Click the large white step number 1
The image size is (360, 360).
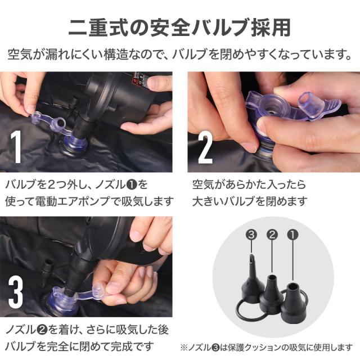(16, 147)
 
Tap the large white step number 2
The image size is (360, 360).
(205, 148)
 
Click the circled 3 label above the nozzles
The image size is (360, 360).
(251, 235)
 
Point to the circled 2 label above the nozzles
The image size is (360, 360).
(272, 235)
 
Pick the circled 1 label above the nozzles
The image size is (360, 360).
(292, 235)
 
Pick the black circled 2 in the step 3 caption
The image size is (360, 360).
(42, 330)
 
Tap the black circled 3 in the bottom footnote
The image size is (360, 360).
(215, 347)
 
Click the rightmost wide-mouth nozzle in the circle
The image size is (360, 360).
(292, 301)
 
